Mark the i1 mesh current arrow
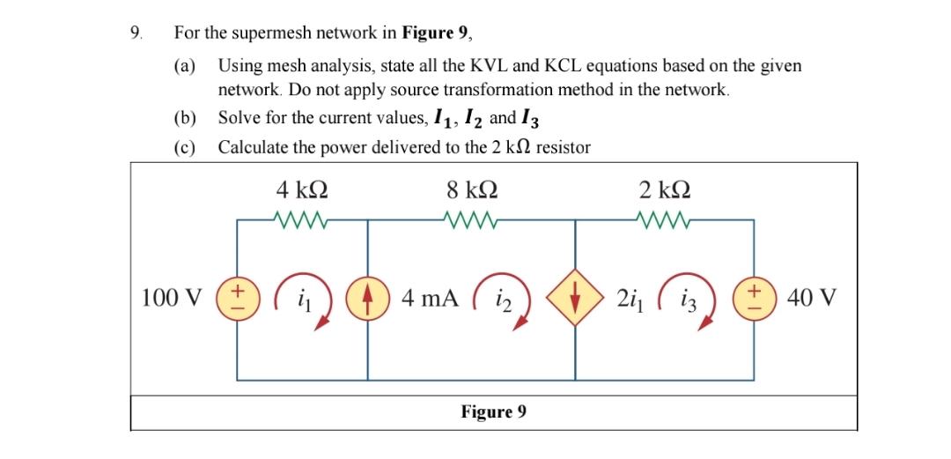pos(304,300)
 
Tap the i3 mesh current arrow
pos(696,300)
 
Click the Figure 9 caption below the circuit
pos(494,411)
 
